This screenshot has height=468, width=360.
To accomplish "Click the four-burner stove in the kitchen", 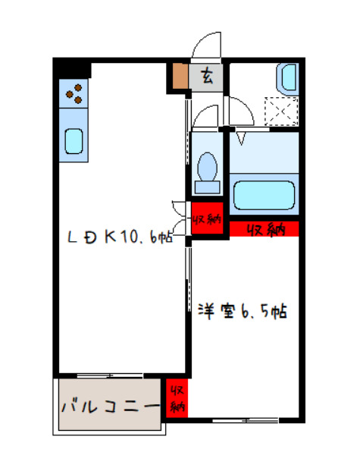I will point(74,94).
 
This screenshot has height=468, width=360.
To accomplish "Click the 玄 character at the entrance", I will point(208,75).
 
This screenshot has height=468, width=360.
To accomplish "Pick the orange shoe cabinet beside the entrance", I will point(180,76).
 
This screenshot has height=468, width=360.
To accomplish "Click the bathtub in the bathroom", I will point(263,196).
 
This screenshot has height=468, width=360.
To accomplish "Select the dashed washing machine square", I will point(280,112).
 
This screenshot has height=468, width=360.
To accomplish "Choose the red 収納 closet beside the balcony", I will point(177,398).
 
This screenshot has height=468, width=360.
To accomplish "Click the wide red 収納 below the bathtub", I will point(263,228).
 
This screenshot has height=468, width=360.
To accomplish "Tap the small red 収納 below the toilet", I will point(205,221).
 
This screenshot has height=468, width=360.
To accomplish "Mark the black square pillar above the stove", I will point(72,69).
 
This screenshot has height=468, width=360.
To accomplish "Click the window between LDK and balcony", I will point(110,375).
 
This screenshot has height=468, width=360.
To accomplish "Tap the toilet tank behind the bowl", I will point(205,186).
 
